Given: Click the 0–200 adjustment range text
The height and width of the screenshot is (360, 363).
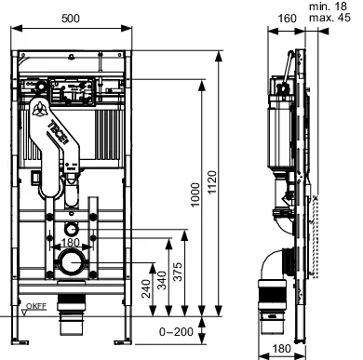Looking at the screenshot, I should [x=175, y=330].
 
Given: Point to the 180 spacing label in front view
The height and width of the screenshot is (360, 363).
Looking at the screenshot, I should [x=72, y=244].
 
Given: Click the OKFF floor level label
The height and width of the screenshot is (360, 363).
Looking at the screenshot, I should [x=34, y=304].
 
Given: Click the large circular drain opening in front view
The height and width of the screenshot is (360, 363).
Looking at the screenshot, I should [x=71, y=264].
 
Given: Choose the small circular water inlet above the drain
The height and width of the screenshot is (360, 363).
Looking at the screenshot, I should [x=72, y=228].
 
